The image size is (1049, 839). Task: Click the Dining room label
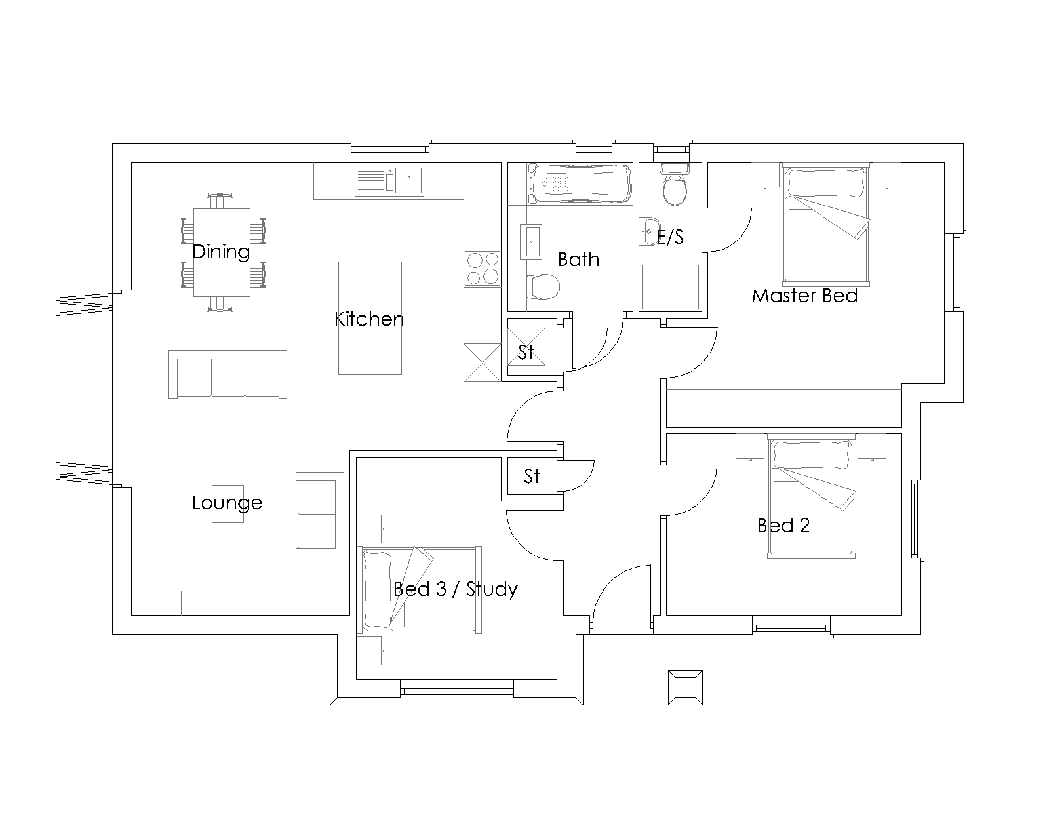(x=221, y=252)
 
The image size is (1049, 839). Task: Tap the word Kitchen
(x=369, y=319)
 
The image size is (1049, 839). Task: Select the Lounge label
(x=227, y=503)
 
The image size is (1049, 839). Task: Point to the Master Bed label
(x=805, y=296)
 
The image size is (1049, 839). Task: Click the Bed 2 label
(x=783, y=526)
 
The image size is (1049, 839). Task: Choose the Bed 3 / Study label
(x=455, y=589)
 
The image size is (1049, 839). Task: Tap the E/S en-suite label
(x=670, y=237)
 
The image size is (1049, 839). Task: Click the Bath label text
(x=579, y=260)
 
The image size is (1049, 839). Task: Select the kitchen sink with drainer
(x=389, y=180)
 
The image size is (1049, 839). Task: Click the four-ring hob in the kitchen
(x=483, y=269)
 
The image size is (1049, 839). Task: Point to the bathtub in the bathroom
(x=580, y=184)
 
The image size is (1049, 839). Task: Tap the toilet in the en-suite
(x=675, y=185)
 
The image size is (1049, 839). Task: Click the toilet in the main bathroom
(x=543, y=286)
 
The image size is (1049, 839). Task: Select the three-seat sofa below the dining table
(x=228, y=374)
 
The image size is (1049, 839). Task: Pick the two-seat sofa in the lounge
(x=320, y=514)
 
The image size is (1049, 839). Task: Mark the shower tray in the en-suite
(x=670, y=287)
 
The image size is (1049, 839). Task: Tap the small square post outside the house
(x=685, y=688)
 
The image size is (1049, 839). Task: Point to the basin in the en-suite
(x=649, y=231)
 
